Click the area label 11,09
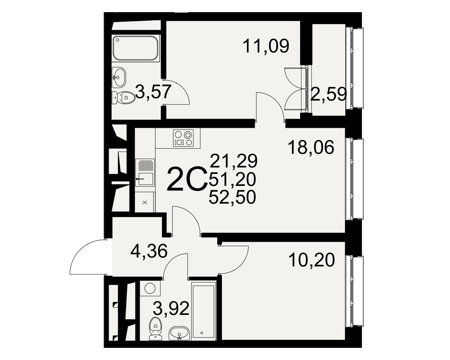(x=266, y=46)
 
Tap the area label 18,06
(x=311, y=147)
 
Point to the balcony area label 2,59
(x=328, y=94)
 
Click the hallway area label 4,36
(x=148, y=252)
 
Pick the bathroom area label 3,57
(x=153, y=92)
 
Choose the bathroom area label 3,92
(x=171, y=309)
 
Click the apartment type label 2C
(x=187, y=180)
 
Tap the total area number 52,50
(x=233, y=198)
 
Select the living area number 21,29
(x=233, y=161)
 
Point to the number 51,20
(x=233, y=180)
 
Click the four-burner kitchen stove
(x=183, y=138)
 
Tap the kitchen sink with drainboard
(x=145, y=172)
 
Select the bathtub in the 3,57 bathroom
(x=135, y=48)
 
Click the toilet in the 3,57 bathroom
(x=124, y=98)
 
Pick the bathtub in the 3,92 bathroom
(x=204, y=310)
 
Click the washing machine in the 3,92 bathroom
(x=150, y=288)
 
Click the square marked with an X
(x=144, y=202)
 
